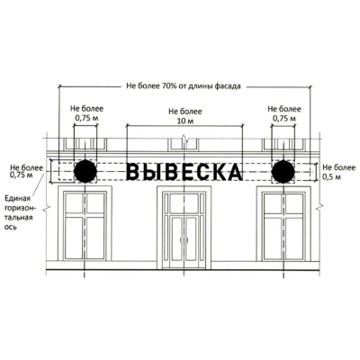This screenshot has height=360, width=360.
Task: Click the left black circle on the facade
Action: tap(85, 171)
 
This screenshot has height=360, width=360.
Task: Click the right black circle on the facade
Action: tap(283, 171)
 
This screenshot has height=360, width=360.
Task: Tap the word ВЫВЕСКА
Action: tap(184, 171)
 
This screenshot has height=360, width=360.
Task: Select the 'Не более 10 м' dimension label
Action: tap(184, 116)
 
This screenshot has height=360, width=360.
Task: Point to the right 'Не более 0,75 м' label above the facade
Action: tap(283, 112)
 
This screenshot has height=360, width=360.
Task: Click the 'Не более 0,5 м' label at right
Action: tap(339, 172)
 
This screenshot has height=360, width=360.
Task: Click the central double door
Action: tap(184, 238)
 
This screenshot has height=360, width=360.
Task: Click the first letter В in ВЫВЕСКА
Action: tap(133, 171)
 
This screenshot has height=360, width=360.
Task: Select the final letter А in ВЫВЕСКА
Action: tap(234, 171)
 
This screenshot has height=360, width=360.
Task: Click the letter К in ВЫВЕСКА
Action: tap(217, 171)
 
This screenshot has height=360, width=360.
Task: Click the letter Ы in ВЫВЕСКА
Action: tap(151, 171)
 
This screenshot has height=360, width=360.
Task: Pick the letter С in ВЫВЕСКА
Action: tap(201, 171)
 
